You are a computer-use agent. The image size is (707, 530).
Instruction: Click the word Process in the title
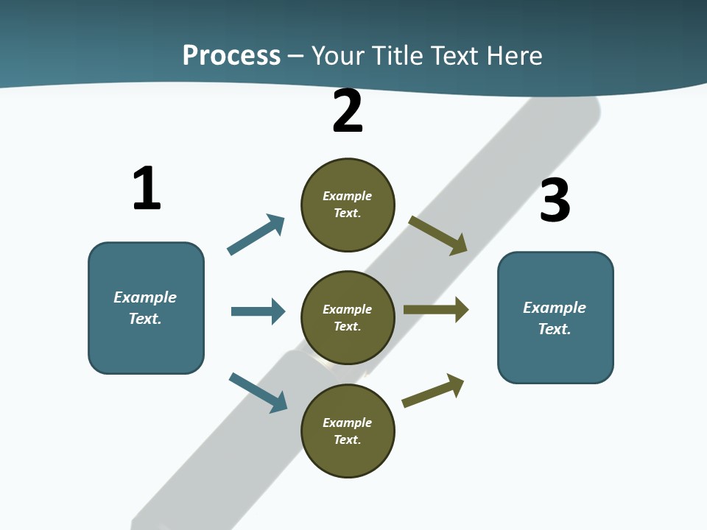(232, 55)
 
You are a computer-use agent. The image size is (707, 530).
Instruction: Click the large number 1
(147, 188)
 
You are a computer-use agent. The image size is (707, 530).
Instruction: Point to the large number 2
(348, 110)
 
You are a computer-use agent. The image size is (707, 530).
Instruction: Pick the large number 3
(555, 199)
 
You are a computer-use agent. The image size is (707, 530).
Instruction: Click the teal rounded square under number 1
(146, 308)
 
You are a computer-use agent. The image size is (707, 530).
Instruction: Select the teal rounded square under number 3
(555, 318)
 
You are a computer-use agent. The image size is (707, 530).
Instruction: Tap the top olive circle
(348, 205)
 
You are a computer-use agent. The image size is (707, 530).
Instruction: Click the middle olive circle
(348, 318)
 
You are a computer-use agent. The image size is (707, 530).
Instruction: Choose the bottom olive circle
(348, 431)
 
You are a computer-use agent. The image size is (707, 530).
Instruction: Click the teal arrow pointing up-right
(256, 234)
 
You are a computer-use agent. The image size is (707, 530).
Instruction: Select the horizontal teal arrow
(258, 311)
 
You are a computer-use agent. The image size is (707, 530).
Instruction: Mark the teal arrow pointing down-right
(258, 393)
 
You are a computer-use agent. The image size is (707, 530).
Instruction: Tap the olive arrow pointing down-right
(437, 236)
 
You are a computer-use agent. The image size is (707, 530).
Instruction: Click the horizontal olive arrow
(436, 310)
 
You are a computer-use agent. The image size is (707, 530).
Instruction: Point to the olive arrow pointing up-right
(433, 390)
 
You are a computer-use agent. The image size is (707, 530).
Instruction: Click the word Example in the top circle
(347, 196)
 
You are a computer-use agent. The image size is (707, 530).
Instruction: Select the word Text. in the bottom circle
(347, 439)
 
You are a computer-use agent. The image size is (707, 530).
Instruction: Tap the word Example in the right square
(555, 308)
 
